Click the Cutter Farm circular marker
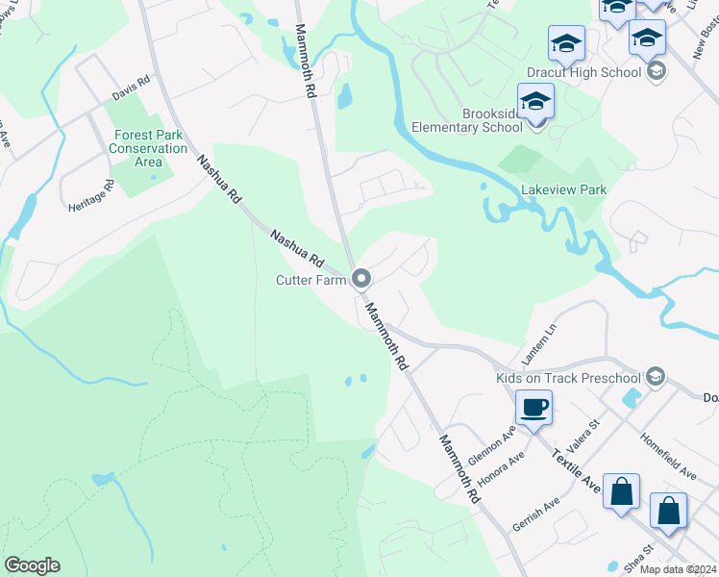362,279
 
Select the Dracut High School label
583,72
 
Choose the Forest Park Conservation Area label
148,148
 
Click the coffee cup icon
533,407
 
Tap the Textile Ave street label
577,475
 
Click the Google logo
32,565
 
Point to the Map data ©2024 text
677,569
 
